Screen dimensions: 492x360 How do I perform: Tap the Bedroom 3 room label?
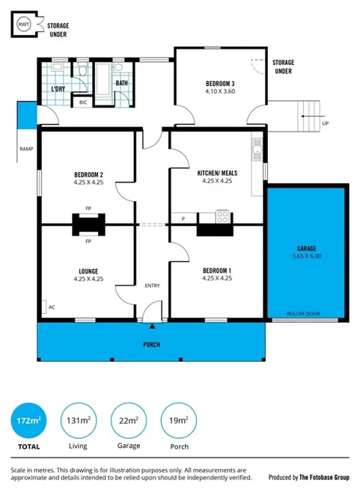coord(220,83)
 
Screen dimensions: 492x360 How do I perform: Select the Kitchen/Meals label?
coord(215,173)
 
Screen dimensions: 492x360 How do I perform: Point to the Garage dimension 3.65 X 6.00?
coord(306,256)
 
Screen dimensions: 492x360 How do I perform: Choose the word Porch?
coord(152,345)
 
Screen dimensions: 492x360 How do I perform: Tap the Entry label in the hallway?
coord(152,286)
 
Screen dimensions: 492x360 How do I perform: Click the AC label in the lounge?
coord(52,307)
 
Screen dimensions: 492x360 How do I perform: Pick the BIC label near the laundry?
coord(82,102)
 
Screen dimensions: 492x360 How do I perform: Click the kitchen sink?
coord(257,150)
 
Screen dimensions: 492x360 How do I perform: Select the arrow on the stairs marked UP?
coord(305,115)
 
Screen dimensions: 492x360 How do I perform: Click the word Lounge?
coord(88,271)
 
